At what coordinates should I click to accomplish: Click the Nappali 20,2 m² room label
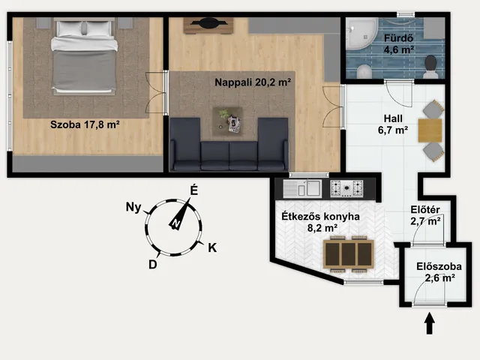pos(253,82)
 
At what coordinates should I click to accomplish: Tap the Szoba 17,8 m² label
pos(85,124)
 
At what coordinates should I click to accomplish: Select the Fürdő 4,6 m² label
pos(399,43)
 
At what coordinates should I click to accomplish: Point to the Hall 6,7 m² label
pos(393,124)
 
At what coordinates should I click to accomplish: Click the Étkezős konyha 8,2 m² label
pos(320,222)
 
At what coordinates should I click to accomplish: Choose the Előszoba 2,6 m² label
pos(439,271)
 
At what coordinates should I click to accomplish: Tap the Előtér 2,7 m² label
pos(425,215)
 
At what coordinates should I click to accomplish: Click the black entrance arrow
pos(430,323)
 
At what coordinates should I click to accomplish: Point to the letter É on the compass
pos(194,190)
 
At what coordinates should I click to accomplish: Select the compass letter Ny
pos(133,207)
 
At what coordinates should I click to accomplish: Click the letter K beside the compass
pos(212,247)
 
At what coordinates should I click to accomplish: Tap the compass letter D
pos(153,264)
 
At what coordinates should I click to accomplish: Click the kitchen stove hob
pos(346,188)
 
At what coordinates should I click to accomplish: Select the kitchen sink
pos(302,189)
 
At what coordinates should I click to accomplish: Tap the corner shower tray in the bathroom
pos(361,34)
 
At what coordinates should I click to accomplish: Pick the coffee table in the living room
pos(228,121)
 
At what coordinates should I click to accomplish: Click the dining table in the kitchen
pos(349,254)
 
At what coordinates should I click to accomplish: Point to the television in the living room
pos(208,23)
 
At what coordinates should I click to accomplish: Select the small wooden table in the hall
pos(430,130)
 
